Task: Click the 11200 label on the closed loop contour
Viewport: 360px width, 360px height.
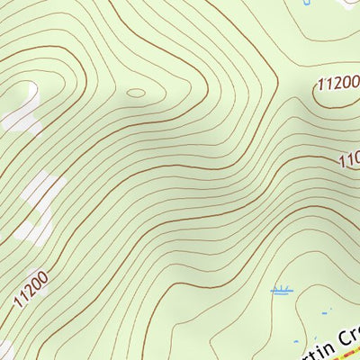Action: (x=338, y=85)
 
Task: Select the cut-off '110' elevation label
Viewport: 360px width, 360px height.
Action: (x=349, y=160)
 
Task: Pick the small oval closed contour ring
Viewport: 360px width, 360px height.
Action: (x=136, y=92)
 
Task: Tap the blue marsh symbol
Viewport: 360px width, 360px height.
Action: (x=283, y=291)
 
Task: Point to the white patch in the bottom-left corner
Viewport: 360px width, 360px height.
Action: (x=4, y=349)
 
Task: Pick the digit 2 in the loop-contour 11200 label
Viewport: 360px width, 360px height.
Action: (x=337, y=86)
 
